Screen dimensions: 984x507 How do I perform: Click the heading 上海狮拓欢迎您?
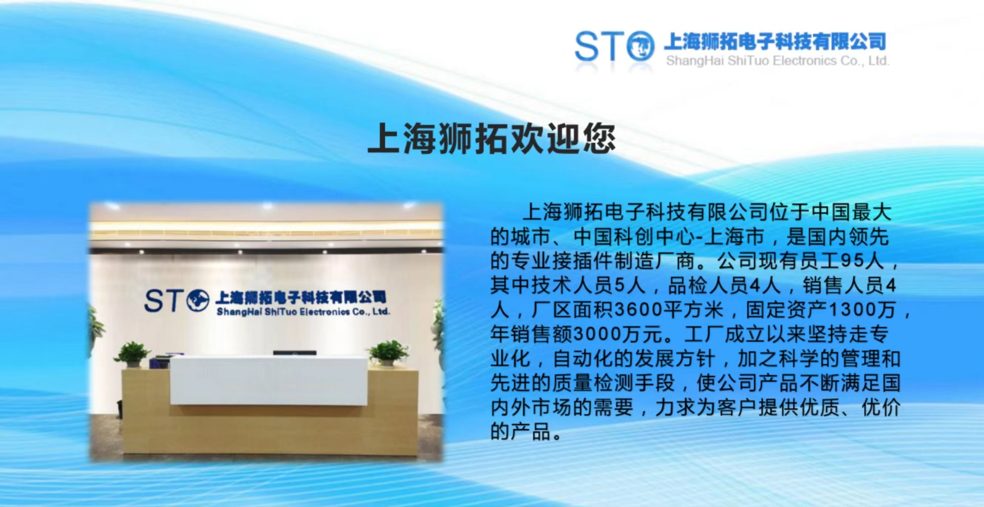point(491,138)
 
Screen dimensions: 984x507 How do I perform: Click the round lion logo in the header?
point(641,46)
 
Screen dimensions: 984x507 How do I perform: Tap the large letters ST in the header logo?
point(599,46)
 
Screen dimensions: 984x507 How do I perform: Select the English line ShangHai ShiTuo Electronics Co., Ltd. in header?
point(777,61)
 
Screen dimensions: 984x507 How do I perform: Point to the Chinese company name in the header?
point(775,41)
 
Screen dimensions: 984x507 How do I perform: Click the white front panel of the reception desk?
point(269,381)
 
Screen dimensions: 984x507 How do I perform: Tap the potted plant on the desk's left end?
point(133,354)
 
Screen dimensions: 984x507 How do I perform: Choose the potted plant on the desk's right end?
point(388,353)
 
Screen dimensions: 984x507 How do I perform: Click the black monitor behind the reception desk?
point(294,353)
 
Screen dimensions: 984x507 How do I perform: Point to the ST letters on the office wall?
point(163,301)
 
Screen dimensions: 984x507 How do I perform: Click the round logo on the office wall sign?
point(197,301)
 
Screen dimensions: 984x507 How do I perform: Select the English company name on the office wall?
point(303,311)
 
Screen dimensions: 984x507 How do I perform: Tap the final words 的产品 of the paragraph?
point(520,431)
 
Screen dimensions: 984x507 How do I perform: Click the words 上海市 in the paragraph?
point(734,237)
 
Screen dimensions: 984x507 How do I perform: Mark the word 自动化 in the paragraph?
point(582,358)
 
